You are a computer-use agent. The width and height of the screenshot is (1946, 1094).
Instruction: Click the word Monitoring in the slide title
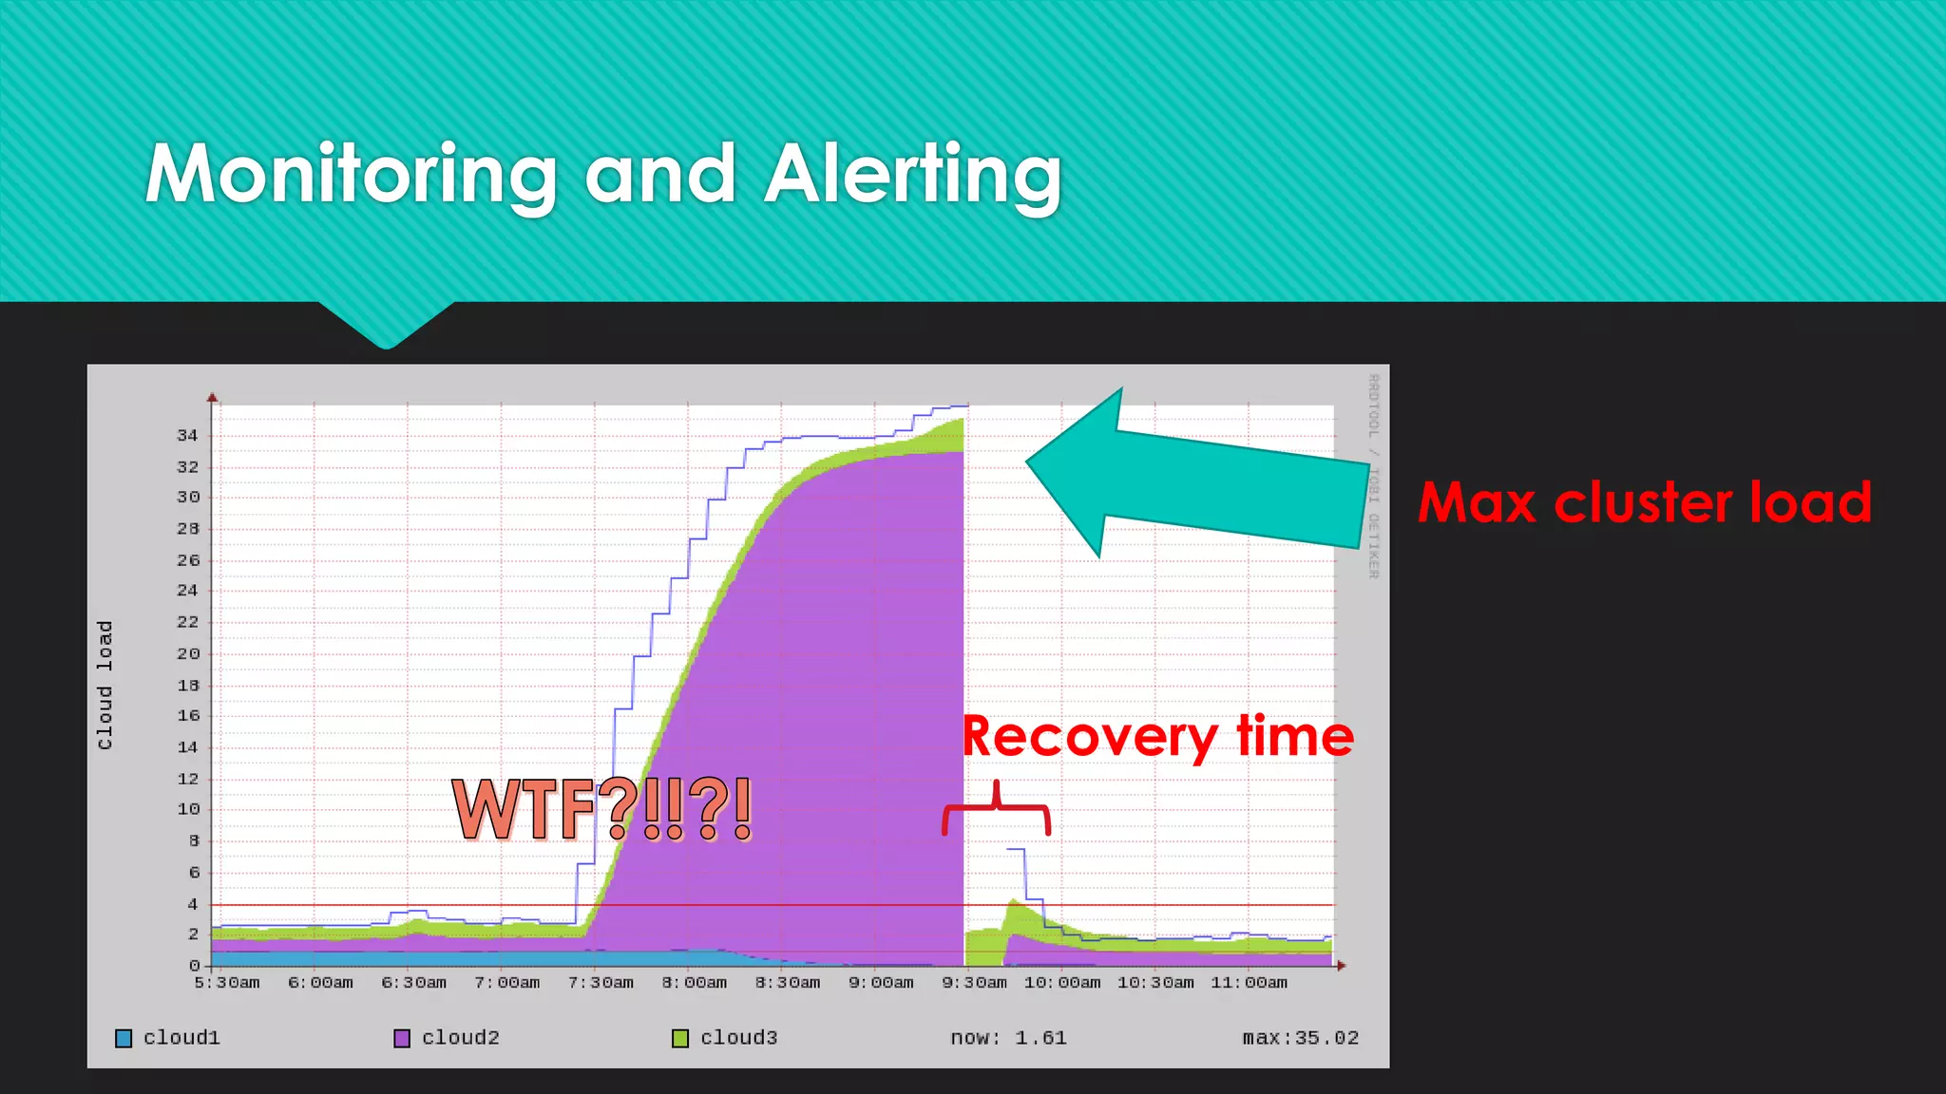(x=352, y=175)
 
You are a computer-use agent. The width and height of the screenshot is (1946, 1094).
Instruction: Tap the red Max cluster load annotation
(x=1645, y=502)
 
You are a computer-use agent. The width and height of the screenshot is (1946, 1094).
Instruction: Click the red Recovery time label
(x=1157, y=736)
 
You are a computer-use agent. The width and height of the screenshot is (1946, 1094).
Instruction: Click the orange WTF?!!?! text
(x=602, y=809)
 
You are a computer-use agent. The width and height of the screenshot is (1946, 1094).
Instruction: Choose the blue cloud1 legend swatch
(x=124, y=1038)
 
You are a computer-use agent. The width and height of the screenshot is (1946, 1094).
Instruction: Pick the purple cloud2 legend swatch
(x=402, y=1038)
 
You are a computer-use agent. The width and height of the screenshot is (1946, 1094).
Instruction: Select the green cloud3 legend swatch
(x=680, y=1038)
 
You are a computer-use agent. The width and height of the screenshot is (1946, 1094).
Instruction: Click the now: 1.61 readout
(x=1008, y=1038)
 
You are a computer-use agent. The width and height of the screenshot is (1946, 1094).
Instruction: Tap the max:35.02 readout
(x=1300, y=1038)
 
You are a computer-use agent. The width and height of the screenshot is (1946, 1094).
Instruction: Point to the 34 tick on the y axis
(x=187, y=436)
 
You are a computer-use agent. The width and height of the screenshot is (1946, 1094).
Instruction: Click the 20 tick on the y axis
(x=187, y=653)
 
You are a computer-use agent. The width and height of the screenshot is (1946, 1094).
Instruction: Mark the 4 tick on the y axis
(x=193, y=904)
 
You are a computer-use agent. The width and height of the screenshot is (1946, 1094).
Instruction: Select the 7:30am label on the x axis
(x=601, y=983)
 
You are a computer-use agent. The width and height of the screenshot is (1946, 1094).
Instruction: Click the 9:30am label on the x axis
(x=974, y=983)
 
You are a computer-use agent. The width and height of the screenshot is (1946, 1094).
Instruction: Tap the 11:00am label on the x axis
(x=1249, y=983)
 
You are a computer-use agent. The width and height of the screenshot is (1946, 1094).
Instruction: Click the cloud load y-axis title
(x=105, y=685)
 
